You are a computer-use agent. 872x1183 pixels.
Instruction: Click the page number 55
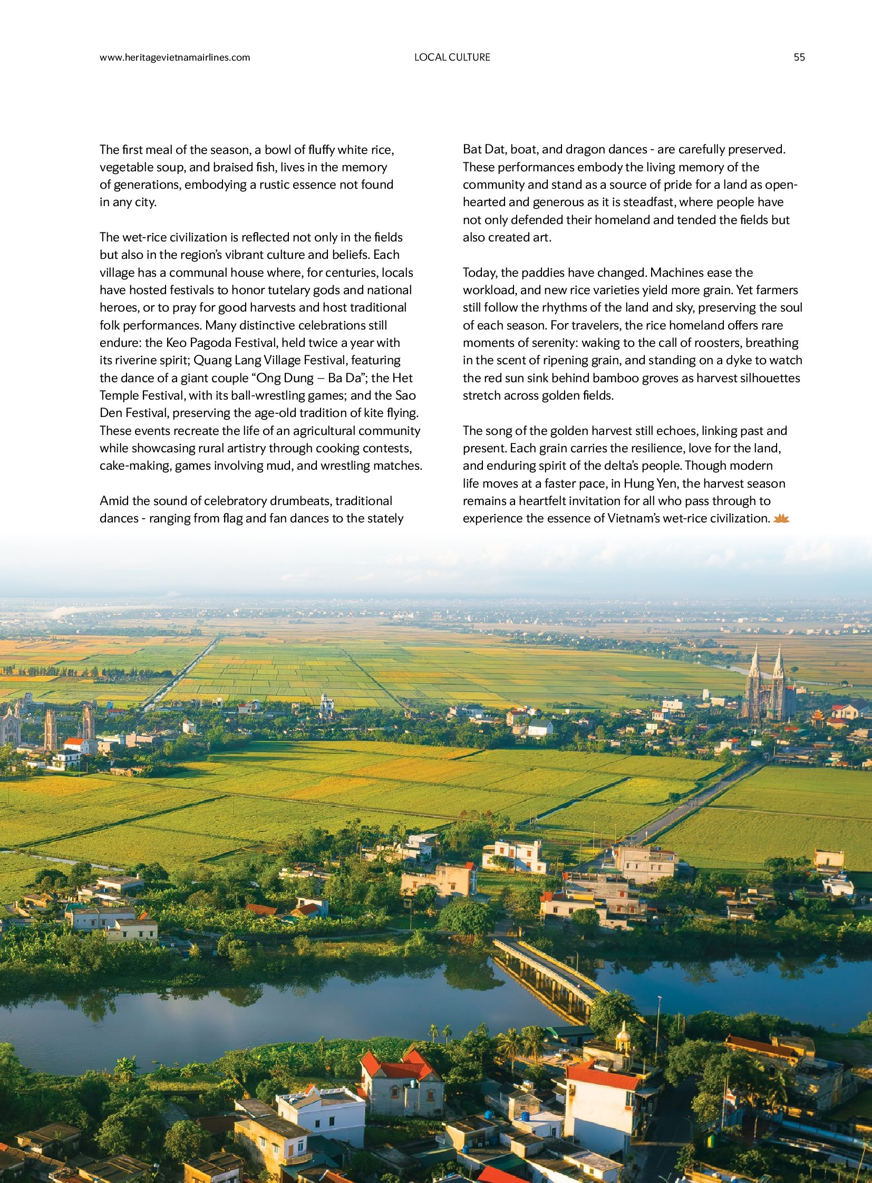tap(799, 57)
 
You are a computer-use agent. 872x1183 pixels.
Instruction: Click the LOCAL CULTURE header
tap(452, 57)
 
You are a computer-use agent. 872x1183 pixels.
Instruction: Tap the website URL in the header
tap(175, 57)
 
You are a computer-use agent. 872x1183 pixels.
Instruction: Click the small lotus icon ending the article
tap(781, 519)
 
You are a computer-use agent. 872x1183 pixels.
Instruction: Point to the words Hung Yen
tap(645, 483)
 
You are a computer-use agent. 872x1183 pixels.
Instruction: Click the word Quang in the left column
tap(213, 360)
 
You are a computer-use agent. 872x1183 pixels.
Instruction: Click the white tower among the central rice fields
tap(326, 704)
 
